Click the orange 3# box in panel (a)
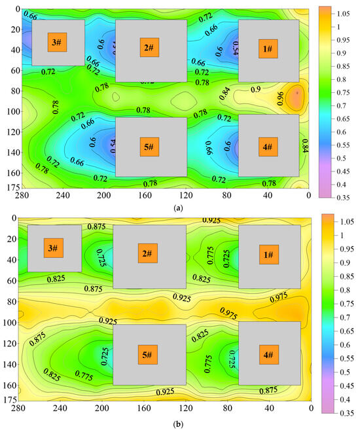57,43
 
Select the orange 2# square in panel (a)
149,47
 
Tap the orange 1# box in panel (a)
268,48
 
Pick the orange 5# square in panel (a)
149,147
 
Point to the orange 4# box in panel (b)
268,355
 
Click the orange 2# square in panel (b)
147,253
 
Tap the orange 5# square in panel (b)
148,355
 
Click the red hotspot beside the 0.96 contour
297,93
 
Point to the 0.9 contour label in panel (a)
256,89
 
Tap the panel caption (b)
161,424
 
